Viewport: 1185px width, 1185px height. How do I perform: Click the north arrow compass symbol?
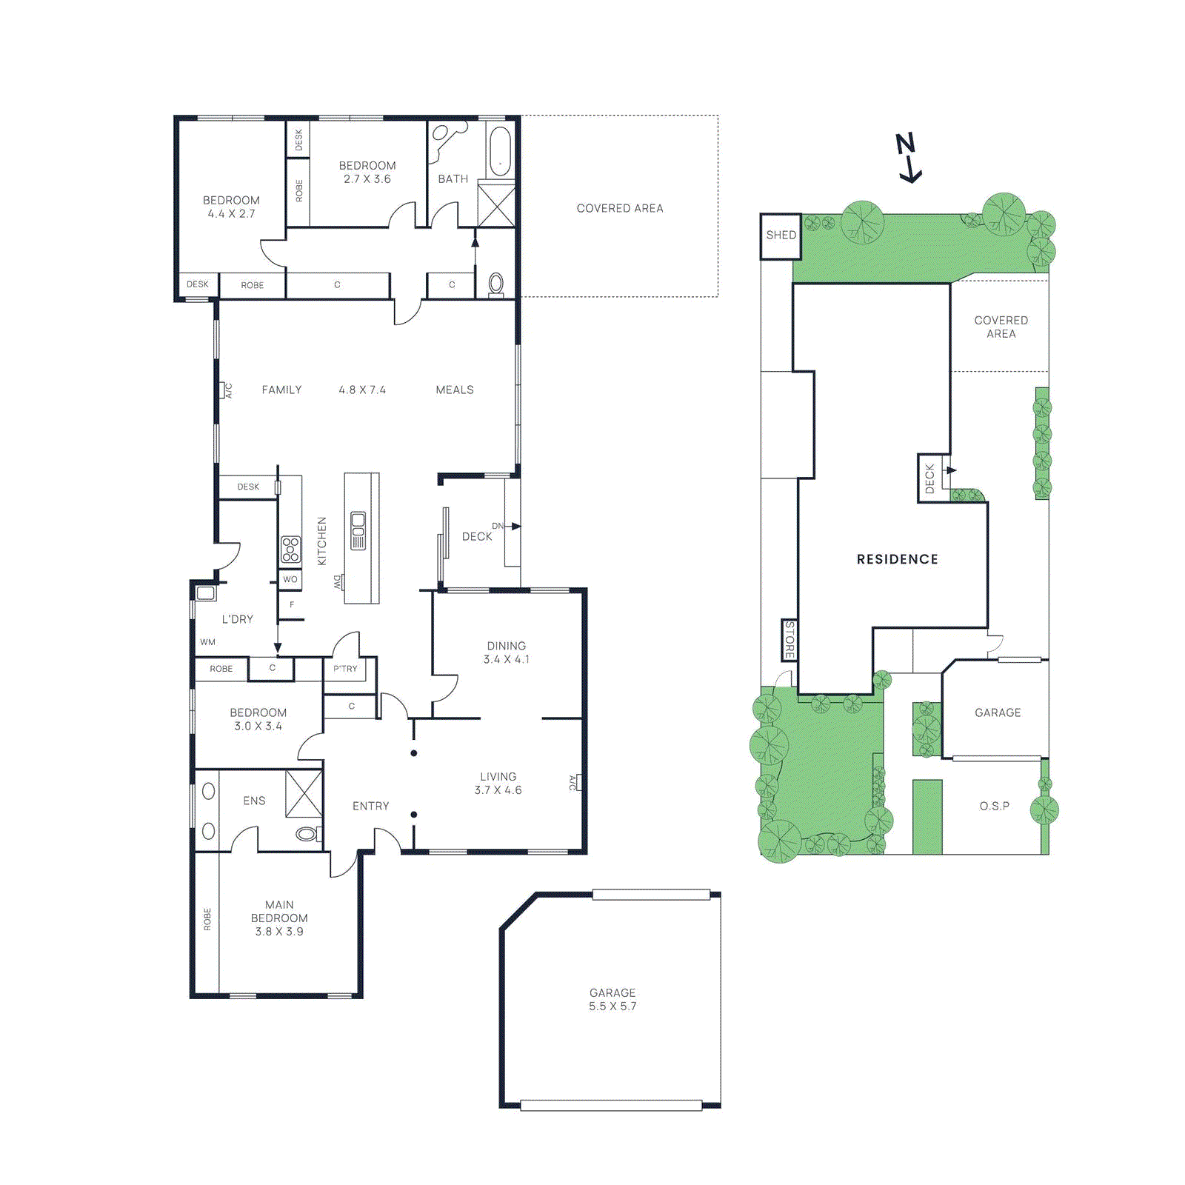point(908,157)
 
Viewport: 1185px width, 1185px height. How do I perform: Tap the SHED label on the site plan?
point(781,235)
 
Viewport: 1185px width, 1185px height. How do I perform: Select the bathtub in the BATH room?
point(500,152)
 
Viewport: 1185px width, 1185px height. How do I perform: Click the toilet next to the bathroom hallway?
point(496,283)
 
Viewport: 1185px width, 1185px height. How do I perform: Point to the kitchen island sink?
point(358,530)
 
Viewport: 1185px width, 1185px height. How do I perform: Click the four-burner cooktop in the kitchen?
point(290,550)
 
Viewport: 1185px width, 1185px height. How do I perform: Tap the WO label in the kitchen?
point(290,579)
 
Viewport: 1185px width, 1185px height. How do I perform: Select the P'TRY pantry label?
point(345,669)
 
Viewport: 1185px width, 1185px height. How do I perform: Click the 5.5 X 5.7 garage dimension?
point(612,1007)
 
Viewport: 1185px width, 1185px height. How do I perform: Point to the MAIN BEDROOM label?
point(279,912)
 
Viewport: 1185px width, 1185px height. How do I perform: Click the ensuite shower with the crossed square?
point(304,793)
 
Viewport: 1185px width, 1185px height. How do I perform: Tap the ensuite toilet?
point(307,834)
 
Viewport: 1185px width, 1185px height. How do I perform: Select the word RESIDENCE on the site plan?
point(897,559)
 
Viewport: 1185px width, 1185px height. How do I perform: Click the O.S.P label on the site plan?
point(994,806)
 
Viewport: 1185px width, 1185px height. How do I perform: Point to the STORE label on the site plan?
point(790,640)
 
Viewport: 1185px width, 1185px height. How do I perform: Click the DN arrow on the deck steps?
point(512,526)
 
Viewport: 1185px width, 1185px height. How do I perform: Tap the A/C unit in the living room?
point(575,783)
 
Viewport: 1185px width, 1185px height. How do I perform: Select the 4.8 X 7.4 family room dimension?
point(362,390)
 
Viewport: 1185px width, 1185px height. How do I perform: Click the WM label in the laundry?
point(207,642)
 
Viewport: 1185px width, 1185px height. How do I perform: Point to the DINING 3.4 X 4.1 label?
point(507,652)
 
